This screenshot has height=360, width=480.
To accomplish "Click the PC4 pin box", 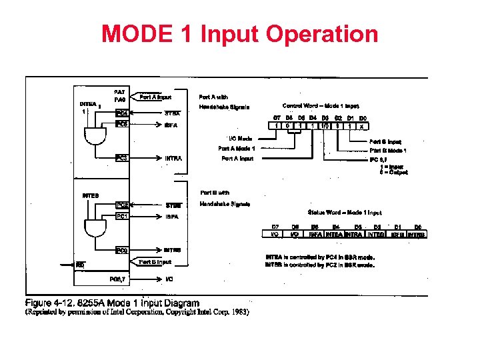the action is pos(122,113).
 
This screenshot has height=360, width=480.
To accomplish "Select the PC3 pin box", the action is pos(122,158).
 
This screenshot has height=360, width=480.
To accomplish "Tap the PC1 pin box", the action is pos(122,216).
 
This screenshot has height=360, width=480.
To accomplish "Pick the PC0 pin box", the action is pos(122,251).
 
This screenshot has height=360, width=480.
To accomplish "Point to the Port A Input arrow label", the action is pos(155,97).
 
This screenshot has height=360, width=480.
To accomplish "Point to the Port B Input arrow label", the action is pos(155,263).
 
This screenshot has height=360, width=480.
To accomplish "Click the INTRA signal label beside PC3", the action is pos(173,159).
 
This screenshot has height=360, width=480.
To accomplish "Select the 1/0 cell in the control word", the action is pos(324,125).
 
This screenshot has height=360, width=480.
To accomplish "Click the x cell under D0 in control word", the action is pos(361,125).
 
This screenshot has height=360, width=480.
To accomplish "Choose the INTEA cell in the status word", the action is pos(335,234).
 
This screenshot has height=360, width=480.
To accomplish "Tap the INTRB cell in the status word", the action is pos(417,234).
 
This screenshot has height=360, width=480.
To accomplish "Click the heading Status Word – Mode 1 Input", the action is pos(345,213).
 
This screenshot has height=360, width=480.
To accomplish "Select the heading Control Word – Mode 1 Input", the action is pos(321,105).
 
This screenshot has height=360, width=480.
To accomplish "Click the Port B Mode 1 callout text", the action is pos(388,150).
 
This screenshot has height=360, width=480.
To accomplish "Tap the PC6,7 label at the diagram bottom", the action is pos(122,279).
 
